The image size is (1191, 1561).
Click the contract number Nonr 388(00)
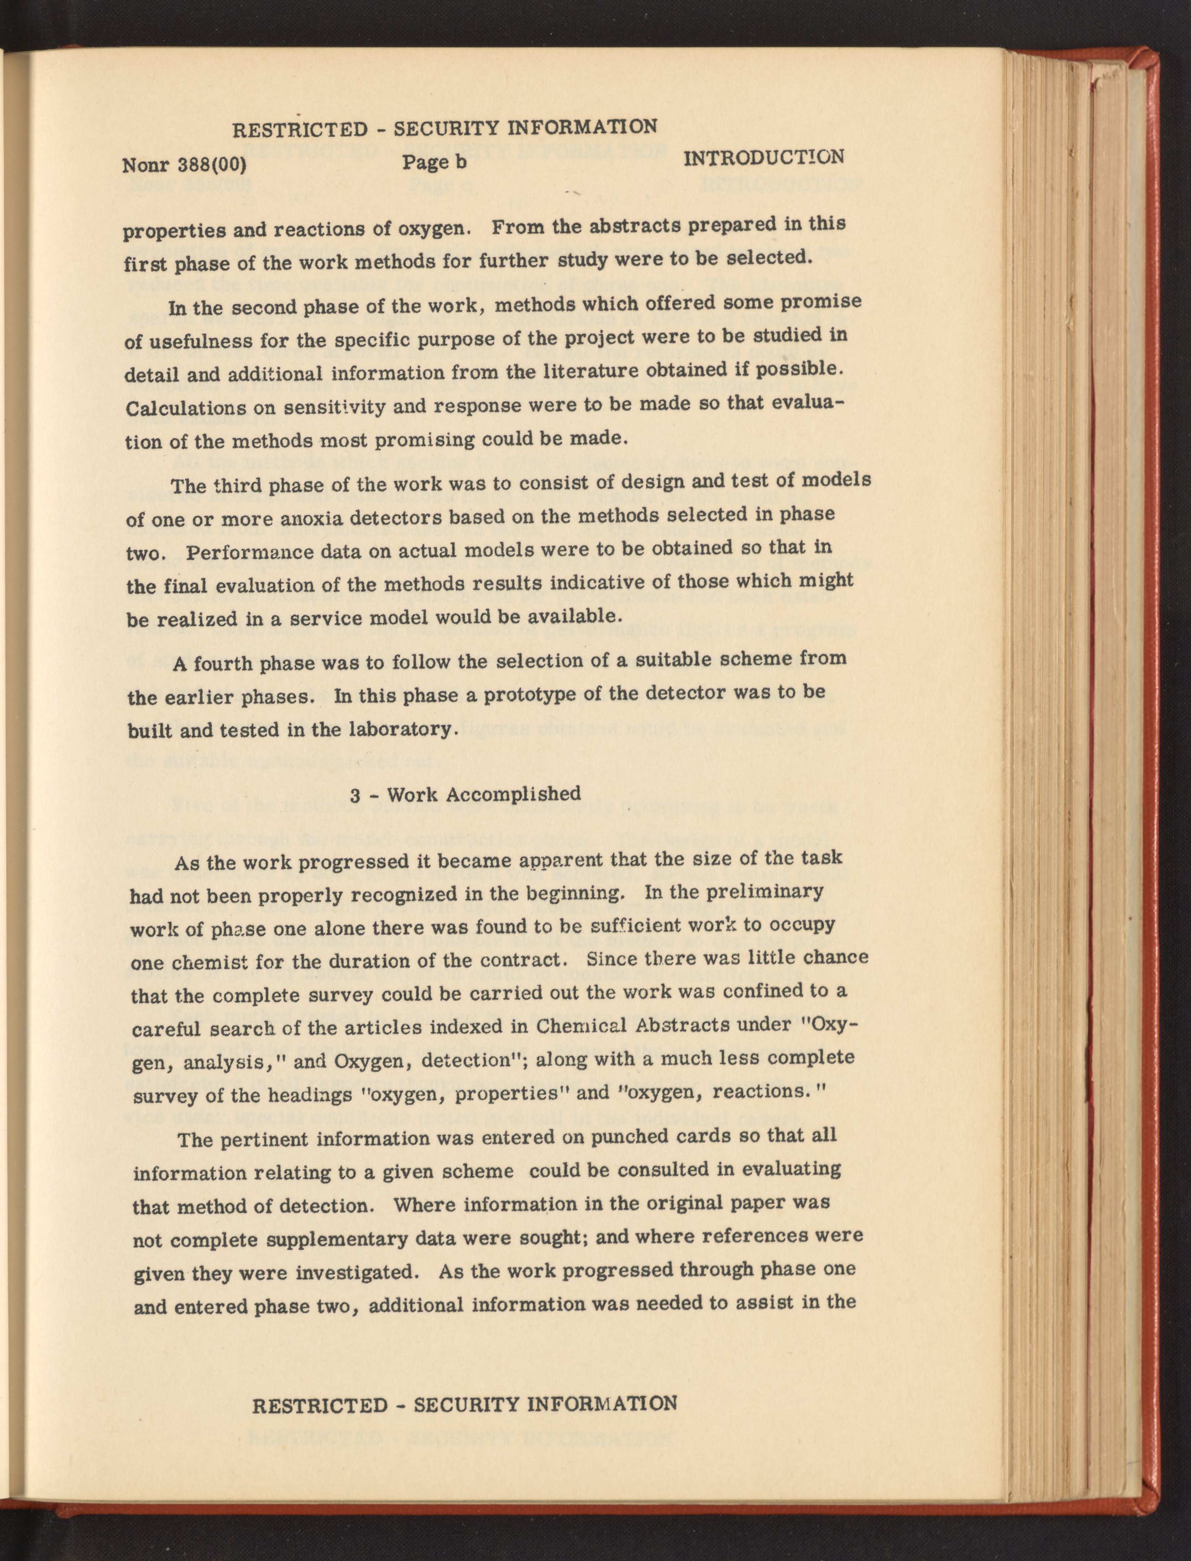click(x=185, y=166)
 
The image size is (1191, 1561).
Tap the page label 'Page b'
click(x=434, y=162)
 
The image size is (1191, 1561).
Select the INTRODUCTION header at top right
click(x=764, y=157)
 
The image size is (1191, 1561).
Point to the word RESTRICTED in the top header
click(x=301, y=130)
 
